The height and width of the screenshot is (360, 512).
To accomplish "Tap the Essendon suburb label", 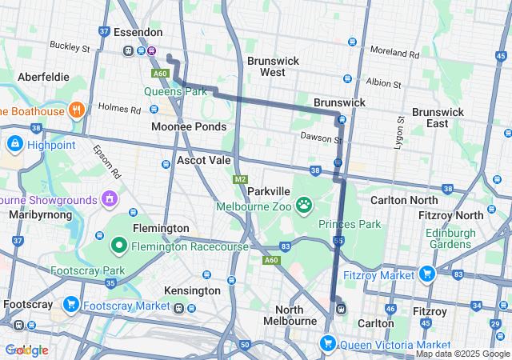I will click(138, 33).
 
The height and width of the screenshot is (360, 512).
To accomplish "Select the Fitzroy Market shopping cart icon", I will click(426, 274).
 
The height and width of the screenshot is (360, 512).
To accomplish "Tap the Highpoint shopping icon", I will click(14, 144).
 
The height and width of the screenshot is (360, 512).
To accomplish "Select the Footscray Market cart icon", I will click(70, 305).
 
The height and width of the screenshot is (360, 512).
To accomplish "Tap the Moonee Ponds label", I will click(189, 127).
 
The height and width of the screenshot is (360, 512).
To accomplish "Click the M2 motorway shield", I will click(240, 179).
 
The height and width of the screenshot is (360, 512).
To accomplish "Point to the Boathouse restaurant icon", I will click(77, 110).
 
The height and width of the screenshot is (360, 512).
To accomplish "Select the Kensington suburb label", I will click(191, 290).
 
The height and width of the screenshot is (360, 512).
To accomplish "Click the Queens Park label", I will click(175, 91).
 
